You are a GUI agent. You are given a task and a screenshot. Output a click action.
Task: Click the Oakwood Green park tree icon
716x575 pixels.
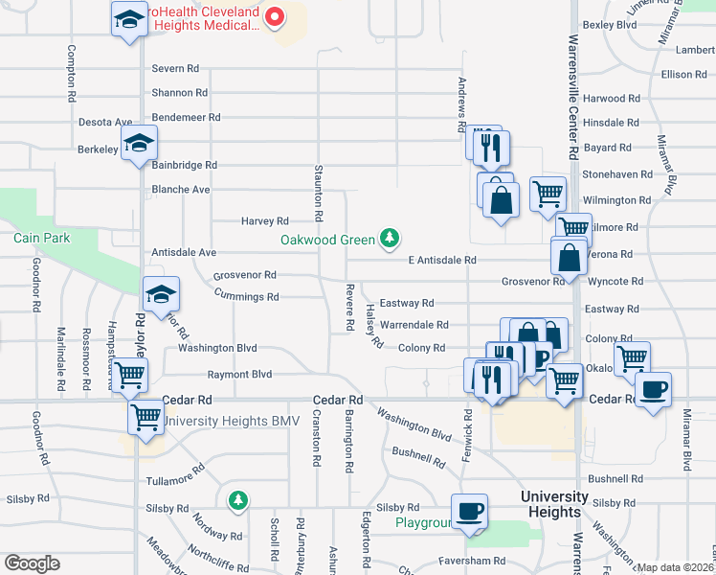point(389,238)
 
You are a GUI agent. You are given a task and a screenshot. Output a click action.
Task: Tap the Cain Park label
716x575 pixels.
point(38,237)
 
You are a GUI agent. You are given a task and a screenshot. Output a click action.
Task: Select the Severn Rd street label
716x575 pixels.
point(175,69)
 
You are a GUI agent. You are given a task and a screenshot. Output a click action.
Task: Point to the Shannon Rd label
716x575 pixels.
point(180,93)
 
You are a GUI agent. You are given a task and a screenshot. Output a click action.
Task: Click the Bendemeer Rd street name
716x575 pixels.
point(186,117)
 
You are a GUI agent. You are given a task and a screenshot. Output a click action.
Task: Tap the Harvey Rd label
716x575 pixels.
point(264,221)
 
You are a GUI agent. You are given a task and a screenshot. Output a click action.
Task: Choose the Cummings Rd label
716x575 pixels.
point(247,297)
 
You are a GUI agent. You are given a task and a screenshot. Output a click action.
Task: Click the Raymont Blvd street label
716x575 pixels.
point(241,375)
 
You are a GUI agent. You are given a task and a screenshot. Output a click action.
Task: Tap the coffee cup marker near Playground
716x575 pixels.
point(469,510)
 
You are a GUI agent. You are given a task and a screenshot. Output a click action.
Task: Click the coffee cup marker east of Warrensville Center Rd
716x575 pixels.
point(653,389)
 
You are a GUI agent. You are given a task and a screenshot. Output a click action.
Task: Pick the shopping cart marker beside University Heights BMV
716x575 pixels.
point(145,417)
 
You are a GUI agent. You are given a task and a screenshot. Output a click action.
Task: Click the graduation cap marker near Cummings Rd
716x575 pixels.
point(161,293)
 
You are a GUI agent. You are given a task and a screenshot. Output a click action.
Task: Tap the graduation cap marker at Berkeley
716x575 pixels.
point(140,145)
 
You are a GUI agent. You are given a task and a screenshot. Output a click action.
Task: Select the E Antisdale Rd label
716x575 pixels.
point(441,260)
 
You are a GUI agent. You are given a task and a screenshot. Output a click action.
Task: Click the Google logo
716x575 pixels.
point(32,563)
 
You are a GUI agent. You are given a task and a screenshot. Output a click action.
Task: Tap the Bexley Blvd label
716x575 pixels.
point(610,25)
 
